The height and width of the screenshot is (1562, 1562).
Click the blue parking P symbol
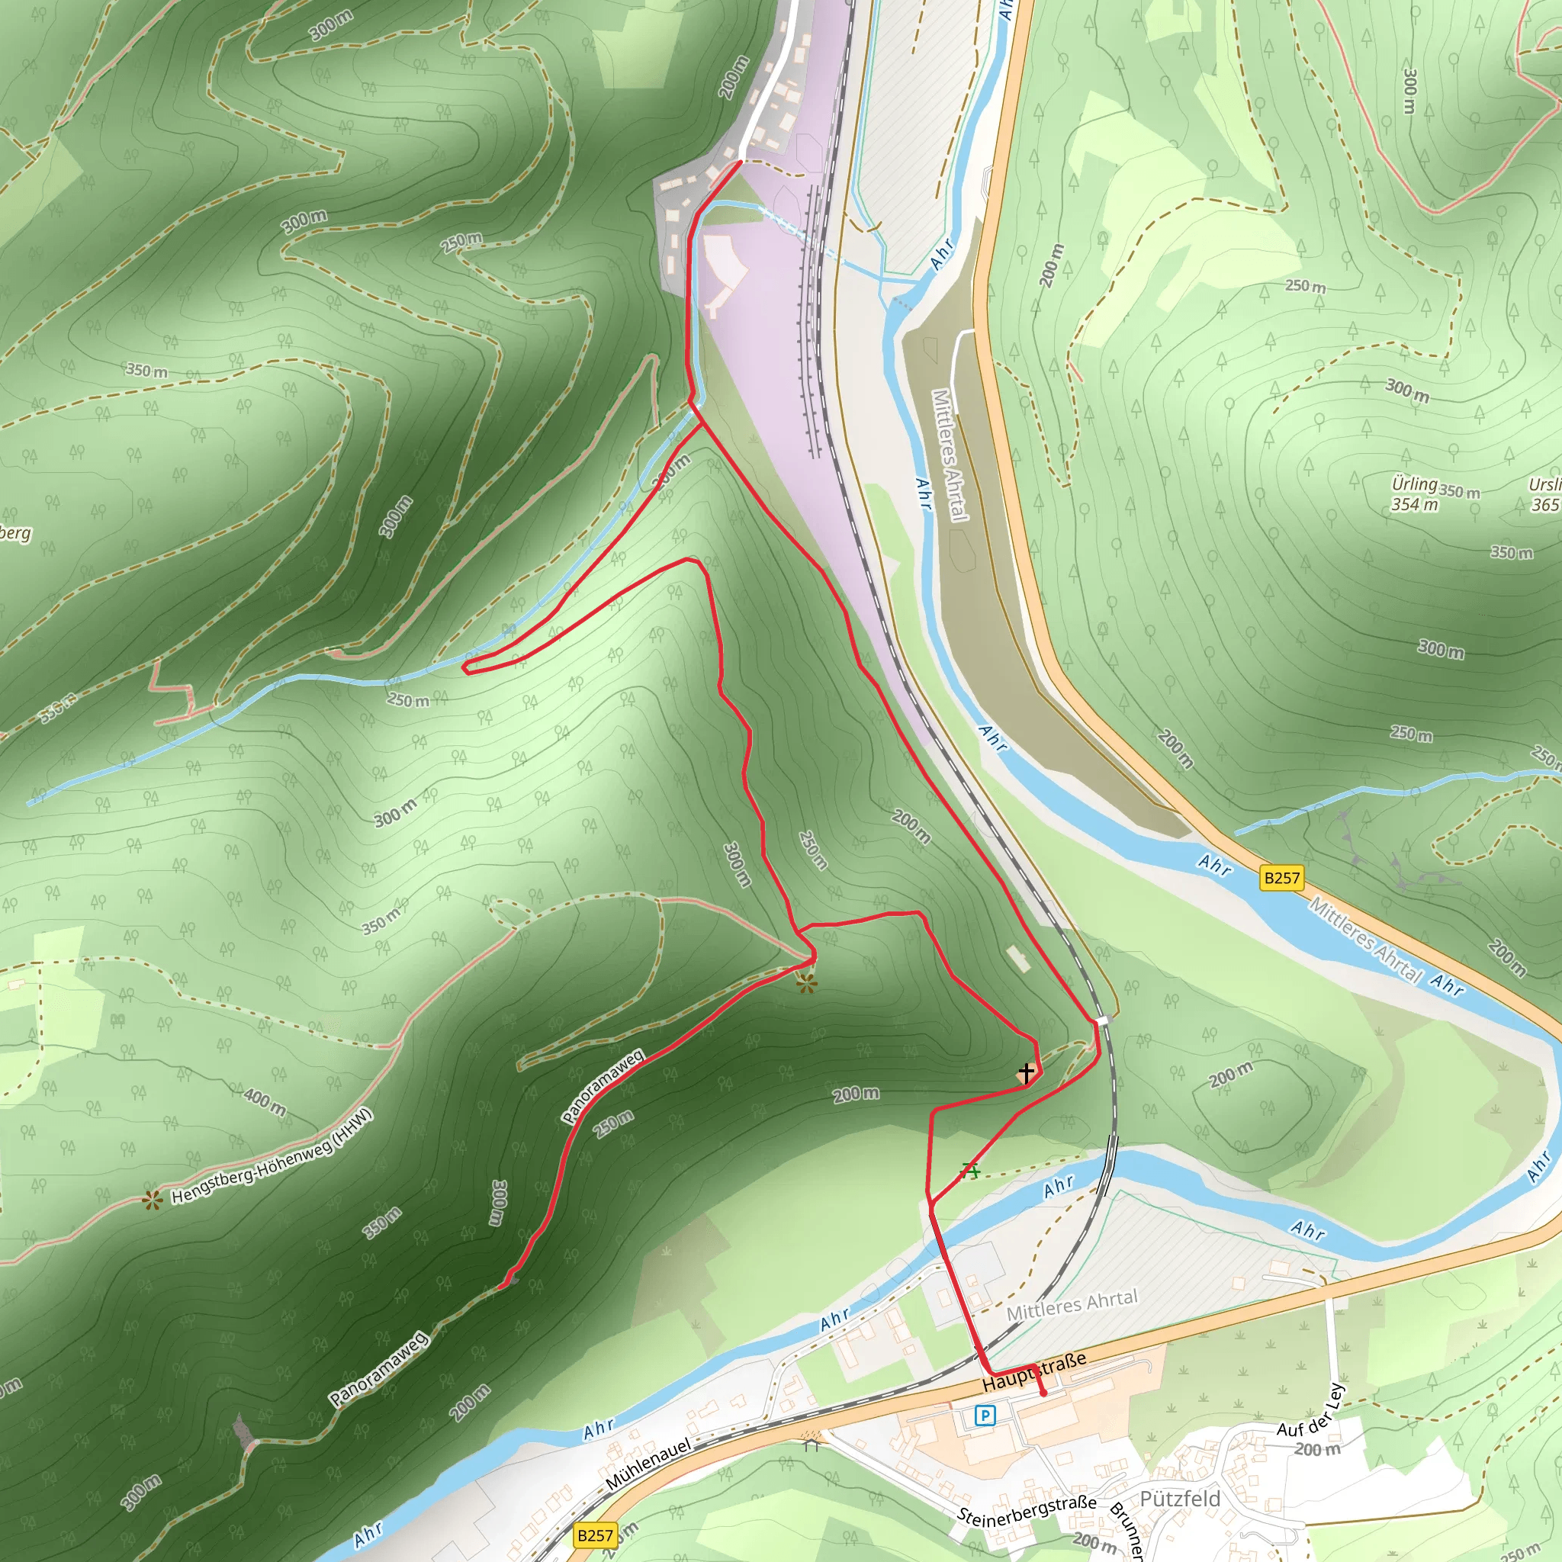coord(985,1415)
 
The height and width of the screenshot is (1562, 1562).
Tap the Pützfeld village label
coord(1180,1498)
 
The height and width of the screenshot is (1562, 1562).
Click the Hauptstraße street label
coord(1034,1373)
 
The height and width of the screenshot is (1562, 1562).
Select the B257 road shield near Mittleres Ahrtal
coord(1281,878)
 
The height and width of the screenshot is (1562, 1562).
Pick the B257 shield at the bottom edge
coord(595,1535)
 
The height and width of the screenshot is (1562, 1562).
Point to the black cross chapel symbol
coord(1026,1073)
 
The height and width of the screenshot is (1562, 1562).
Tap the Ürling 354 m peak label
coord(1414,494)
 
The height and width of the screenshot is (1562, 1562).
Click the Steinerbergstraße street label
coord(1027,1509)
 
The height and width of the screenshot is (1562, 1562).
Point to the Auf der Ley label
coord(1310,1411)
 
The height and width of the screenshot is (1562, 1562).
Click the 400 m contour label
coord(265,1101)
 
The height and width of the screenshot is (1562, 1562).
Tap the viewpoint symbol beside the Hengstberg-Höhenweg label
coord(152,1200)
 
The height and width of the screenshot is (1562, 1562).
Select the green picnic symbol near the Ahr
coord(970,1170)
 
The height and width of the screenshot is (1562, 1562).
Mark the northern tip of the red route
coord(740,162)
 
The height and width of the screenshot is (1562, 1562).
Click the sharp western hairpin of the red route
coord(466,667)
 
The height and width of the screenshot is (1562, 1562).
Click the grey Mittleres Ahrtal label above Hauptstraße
coord(1072,1305)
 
